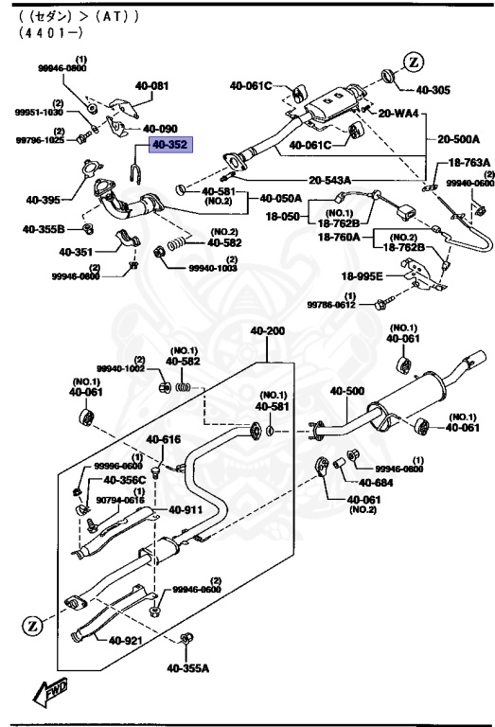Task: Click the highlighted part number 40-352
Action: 167,146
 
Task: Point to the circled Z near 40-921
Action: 31,626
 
